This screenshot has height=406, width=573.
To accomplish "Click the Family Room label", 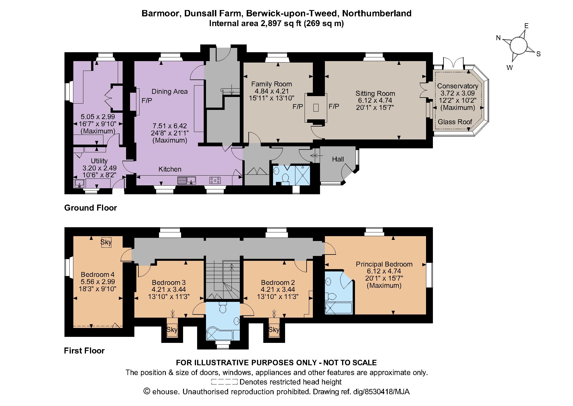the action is (x=271, y=84).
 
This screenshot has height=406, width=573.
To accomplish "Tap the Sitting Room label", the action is (x=375, y=94).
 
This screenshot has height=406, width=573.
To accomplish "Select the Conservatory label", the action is (x=458, y=86).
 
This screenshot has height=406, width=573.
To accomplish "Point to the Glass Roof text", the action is (x=455, y=122).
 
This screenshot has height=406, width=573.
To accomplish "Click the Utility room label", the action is (x=99, y=161).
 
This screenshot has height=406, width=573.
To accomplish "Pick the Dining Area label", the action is (x=169, y=92).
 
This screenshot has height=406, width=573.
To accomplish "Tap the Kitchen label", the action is (x=170, y=169).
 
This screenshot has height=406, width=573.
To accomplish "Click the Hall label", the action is (x=338, y=159).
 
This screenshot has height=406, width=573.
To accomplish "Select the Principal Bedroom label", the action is (x=384, y=264).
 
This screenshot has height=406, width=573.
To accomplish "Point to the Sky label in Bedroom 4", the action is (x=106, y=242).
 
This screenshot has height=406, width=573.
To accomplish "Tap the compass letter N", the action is (x=499, y=38).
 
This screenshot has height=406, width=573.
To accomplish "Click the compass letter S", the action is (x=538, y=54).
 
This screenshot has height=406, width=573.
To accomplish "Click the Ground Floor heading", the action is (x=91, y=208).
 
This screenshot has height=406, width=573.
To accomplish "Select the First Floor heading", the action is (x=84, y=351).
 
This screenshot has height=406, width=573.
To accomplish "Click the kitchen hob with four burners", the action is (x=215, y=180).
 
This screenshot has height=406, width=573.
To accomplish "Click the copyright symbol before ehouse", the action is (x=147, y=392).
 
